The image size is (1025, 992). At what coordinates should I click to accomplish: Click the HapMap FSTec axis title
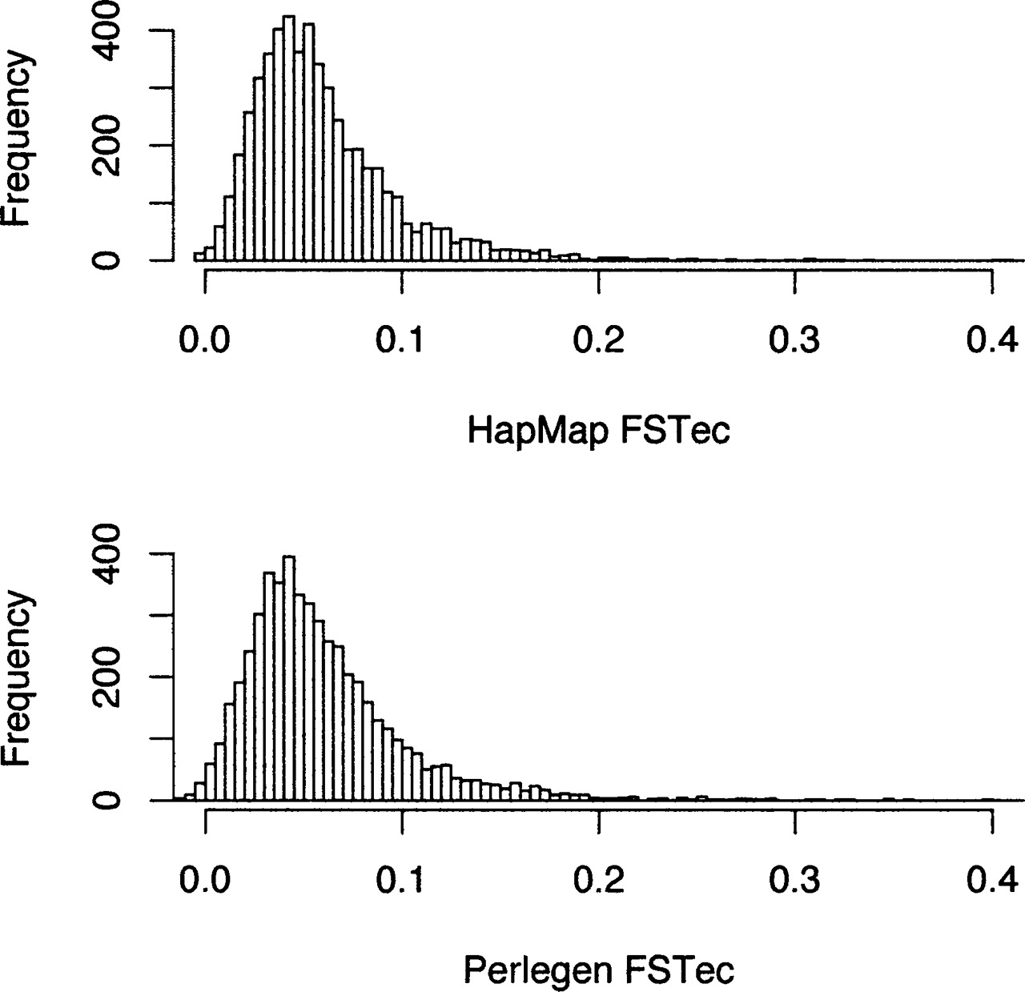point(599,432)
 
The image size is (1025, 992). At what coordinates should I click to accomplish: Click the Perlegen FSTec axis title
point(599,970)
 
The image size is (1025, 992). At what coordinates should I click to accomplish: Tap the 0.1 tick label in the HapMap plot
point(401,340)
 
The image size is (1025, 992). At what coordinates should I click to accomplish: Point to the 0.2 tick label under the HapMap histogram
point(599,340)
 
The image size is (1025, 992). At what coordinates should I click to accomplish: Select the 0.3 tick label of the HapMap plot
point(795,340)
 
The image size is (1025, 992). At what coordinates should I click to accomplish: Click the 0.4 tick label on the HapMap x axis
point(991,340)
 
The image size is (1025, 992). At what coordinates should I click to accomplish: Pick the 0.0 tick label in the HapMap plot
point(205,340)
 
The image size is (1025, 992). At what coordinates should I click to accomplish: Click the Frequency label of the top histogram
point(18,138)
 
